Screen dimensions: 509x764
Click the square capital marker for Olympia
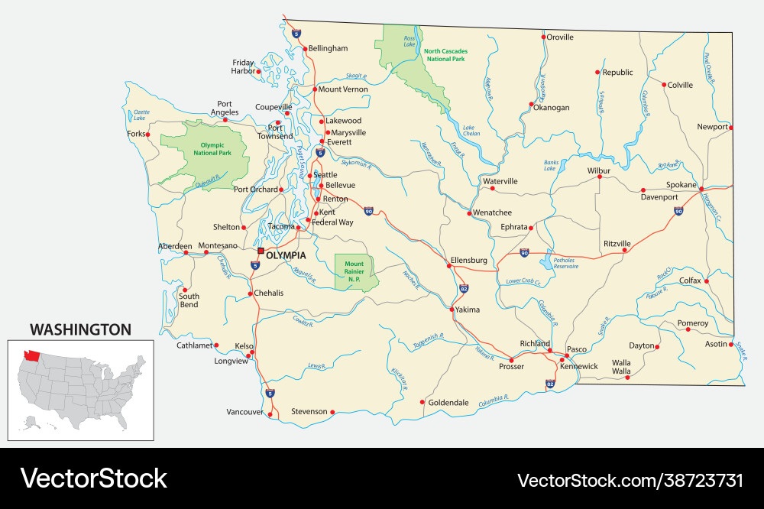click(x=261, y=250)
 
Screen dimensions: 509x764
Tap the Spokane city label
click(x=681, y=185)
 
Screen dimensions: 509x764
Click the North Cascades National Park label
click(x=446, y=55)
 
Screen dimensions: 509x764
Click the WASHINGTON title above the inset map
click(x=80, y=329)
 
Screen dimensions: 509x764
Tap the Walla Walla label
click(x=620, y=367)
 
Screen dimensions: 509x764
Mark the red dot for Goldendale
click(x=422, y=402)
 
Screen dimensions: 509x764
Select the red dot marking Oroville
click(x=543, y=37)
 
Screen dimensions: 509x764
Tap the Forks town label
click(x=135, y=134)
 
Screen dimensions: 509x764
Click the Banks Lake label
click(x=551, y=165)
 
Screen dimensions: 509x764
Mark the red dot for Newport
click(x=731, y=128)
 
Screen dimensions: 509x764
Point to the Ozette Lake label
click(x=140, y=115)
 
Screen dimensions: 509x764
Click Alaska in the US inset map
click(x=31, y=420)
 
